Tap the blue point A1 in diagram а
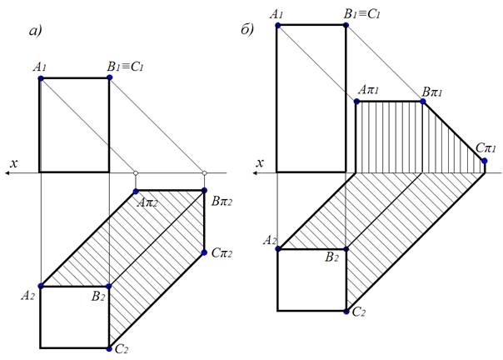[40, 78]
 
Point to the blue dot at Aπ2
[136, 191]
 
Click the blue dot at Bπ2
[204, 191]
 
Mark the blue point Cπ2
[204, 252]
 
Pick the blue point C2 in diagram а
[109, 347]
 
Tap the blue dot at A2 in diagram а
[40, 286]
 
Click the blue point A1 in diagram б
[277, 25]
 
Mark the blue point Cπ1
[485, 160]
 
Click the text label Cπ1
[486, 147]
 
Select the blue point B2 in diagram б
[346, 248]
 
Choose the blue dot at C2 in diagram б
[346, 311]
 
